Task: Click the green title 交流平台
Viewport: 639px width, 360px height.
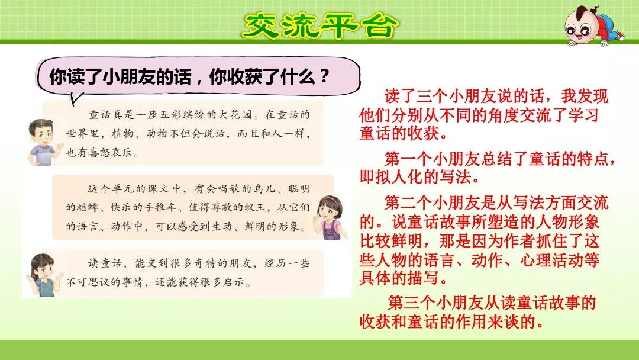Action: tap(320, 24)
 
